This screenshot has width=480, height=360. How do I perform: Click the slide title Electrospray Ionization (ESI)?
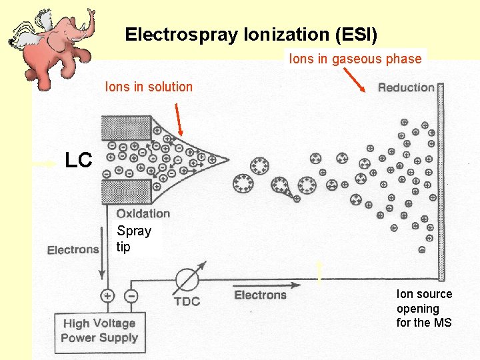coord(251,34)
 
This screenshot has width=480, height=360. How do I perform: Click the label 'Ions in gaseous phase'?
coord(355,59)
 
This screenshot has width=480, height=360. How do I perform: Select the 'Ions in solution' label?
coord(149,87)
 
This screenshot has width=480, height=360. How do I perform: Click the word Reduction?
coord(406,87)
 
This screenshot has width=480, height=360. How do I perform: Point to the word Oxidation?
coord(143,213)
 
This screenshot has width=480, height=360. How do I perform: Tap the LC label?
coord(78,160)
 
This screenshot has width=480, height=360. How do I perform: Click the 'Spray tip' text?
coord(133,239)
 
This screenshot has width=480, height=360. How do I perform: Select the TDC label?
coord(187,301)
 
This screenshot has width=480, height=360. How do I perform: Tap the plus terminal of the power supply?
coord(107,295)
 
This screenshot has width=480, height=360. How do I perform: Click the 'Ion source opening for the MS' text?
coord(424,308)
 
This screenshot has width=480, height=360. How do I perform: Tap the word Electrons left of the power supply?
coord(73,250)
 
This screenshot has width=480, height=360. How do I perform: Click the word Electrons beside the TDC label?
coord(260,295)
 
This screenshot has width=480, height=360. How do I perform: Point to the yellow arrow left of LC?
coord(45,162)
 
